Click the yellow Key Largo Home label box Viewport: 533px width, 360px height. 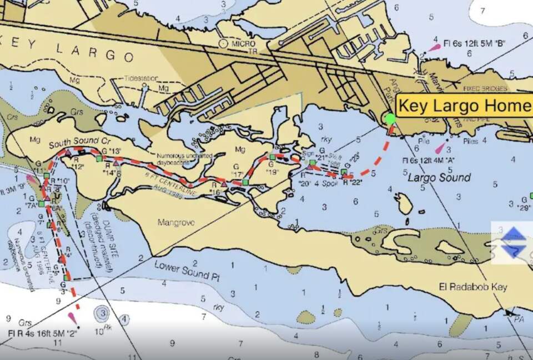464,106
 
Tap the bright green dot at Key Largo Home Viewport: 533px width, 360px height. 390,118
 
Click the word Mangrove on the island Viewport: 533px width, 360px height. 176,223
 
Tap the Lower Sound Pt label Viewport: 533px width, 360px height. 183,270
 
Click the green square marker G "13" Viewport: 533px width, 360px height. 99,159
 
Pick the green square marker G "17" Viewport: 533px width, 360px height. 245,182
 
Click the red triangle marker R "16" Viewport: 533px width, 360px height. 224,184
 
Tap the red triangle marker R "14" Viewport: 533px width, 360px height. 115,163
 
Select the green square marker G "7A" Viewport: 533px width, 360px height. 41,204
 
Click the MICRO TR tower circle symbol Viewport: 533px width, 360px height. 224,42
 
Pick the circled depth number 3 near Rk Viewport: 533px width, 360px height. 103,314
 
